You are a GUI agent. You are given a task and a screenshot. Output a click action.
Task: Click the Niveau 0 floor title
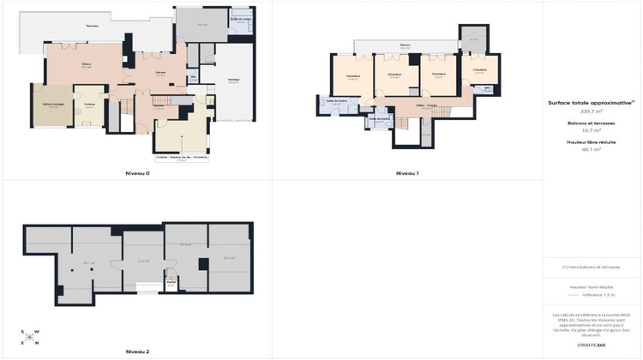click(137, 174)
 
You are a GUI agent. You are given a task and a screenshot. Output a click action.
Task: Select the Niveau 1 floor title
click(406, 174)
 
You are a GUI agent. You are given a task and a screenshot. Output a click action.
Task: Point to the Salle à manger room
click(52, 105)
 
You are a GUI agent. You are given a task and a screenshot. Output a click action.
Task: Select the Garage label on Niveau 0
click(233, 81)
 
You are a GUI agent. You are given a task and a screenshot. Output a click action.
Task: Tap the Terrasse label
click(92, 26)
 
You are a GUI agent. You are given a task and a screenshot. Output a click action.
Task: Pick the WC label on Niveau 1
click(487, 87)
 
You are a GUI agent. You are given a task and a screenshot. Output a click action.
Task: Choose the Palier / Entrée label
click(426, 105)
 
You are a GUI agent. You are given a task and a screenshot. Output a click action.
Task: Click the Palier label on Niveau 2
click(171, 281)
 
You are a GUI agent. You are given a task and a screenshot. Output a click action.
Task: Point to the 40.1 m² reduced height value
click(592, 149)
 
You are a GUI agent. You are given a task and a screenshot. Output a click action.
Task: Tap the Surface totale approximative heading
click(592, 102)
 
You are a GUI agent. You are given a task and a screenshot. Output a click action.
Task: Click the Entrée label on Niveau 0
click(160, 74)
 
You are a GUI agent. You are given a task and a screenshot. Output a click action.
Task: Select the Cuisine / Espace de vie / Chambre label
click(181, 157)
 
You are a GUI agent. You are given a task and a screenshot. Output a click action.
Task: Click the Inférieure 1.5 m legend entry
click(599, 295)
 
